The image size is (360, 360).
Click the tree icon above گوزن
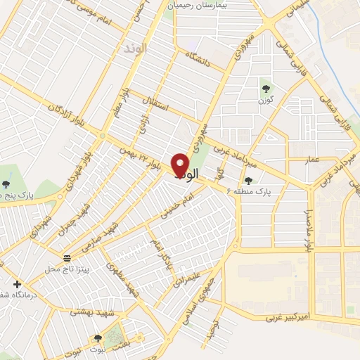(266, 88)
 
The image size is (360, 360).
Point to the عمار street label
(312, 160)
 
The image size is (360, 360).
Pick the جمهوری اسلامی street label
(202, 288)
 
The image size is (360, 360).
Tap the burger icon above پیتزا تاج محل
(67, 257)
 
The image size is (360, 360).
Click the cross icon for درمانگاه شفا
(17, 284)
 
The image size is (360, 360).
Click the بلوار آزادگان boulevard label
(65, 117)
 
